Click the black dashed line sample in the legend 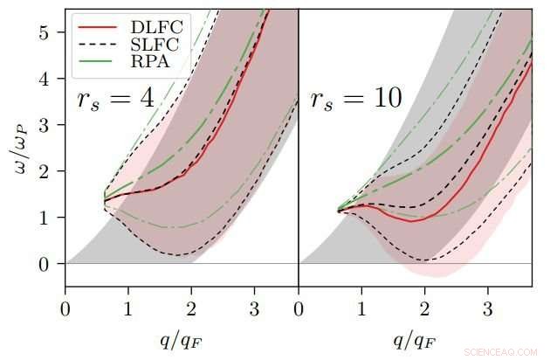click(x=92, y=42)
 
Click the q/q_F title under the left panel click(x=182, y=338)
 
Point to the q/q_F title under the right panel click(x=415, y=338)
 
